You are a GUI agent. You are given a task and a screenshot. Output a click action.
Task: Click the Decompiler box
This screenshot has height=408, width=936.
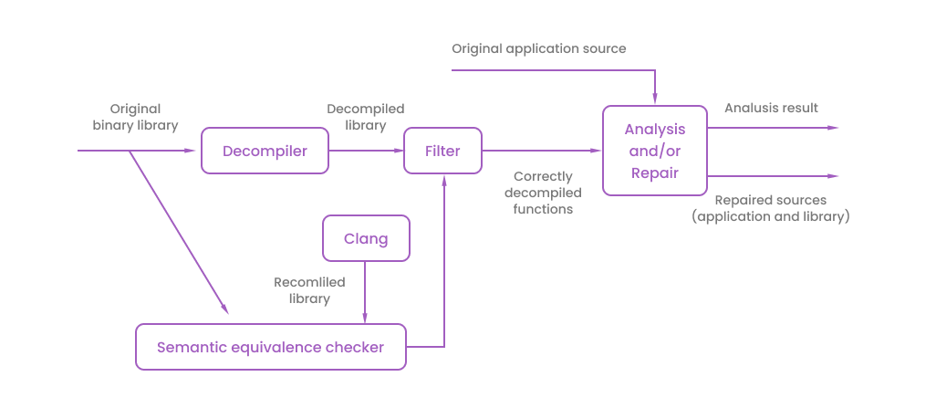tap(265, 151)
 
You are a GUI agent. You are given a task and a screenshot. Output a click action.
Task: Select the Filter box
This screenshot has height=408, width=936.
tap(443, 151)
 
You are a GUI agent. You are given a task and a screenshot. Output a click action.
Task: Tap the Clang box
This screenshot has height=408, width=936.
tap(366, 239)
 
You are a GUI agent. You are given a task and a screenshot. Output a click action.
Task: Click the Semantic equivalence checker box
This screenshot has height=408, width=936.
tap(271, 347)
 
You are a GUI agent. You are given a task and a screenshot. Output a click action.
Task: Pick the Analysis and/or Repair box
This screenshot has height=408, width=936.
tap(655, 151)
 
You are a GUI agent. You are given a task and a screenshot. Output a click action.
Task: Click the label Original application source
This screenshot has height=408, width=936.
tap(539, 48)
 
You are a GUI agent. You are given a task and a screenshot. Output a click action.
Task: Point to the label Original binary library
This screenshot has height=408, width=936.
tap(135, 117)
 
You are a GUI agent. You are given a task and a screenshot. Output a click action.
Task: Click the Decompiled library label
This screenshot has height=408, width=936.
tap(366, 117)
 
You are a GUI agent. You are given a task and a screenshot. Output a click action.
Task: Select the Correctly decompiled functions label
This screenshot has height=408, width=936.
tap(544, 193)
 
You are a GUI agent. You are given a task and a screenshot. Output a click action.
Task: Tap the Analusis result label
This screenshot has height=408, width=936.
tap(771, 108)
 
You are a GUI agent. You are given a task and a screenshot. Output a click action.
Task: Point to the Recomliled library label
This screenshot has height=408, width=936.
tap(302, 290)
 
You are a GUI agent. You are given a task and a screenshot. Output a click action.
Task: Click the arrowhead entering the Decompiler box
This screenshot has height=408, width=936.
tap(194, 151)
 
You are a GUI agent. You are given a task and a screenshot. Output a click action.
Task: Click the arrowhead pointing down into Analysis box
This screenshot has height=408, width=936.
tap(655, 99)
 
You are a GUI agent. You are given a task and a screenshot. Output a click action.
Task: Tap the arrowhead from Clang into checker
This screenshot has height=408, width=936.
tap(366, 317)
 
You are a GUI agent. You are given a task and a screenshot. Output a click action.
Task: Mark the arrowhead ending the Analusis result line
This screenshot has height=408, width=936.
tap(832, 128)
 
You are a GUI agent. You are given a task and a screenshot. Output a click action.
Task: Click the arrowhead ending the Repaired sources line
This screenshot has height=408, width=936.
tap(832, 175)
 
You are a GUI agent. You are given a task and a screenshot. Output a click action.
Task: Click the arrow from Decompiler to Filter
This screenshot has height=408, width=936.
tap(365, 151)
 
